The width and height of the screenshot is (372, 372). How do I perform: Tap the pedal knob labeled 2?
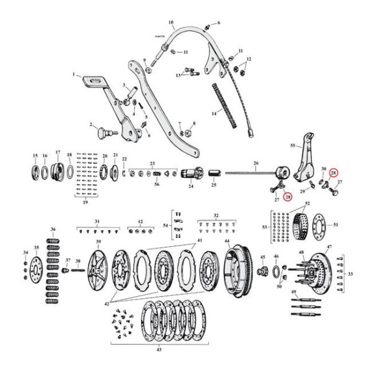click(x=102, y=131)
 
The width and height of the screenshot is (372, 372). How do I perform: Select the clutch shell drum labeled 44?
click(x=236, y=267)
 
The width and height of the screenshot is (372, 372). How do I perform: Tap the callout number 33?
click(x=367, y=273)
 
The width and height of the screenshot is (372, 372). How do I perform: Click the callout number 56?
click(x=157, y=185)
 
